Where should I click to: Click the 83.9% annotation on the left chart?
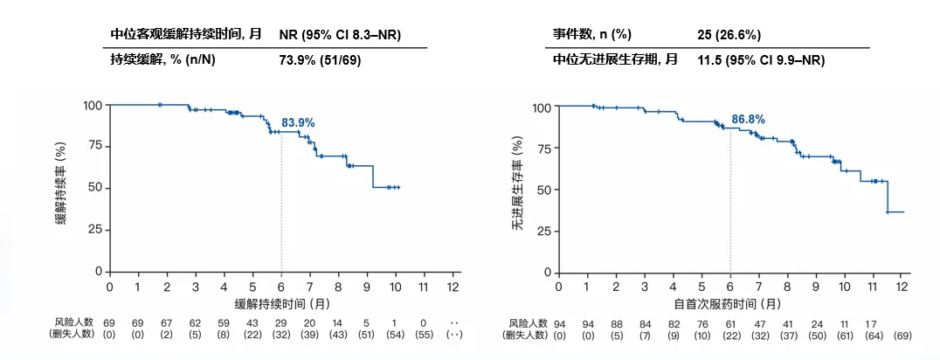click(x=297, y=123)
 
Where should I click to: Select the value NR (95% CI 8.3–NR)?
click(x=341, y=35)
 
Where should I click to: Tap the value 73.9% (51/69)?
click(x=320, y=59)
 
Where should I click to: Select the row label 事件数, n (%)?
click(x=591, y=35)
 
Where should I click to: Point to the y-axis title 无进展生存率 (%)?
click(x=516, y=189)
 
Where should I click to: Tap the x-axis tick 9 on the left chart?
click(x=367, y=287)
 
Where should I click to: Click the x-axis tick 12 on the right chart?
click(x=902, y=287)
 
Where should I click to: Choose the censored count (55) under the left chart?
click(x=424, y=336)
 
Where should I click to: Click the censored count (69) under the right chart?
click(x=902, y=336)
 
